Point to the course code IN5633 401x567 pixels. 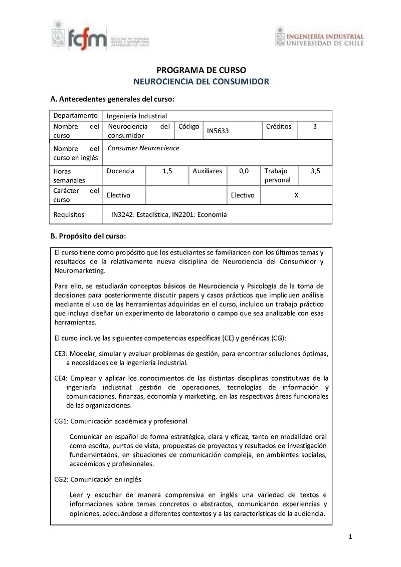click(x=218, y=131)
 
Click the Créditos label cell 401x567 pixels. click(x=280, y=126)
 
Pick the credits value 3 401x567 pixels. click(x=314, y=126)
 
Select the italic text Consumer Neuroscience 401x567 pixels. click(x=143, y=148)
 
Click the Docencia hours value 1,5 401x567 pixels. click(x=167, y=171)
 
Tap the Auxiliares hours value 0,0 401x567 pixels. click(x=244, y=171)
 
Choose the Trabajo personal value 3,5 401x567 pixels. click(x=315, y=171)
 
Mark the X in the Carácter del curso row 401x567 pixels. click(x=296, y=195)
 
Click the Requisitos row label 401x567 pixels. click(x=69, y=214)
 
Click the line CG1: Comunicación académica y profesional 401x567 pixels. click(x=121, y=421)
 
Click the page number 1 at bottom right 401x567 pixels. click(x=350, y=537)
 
